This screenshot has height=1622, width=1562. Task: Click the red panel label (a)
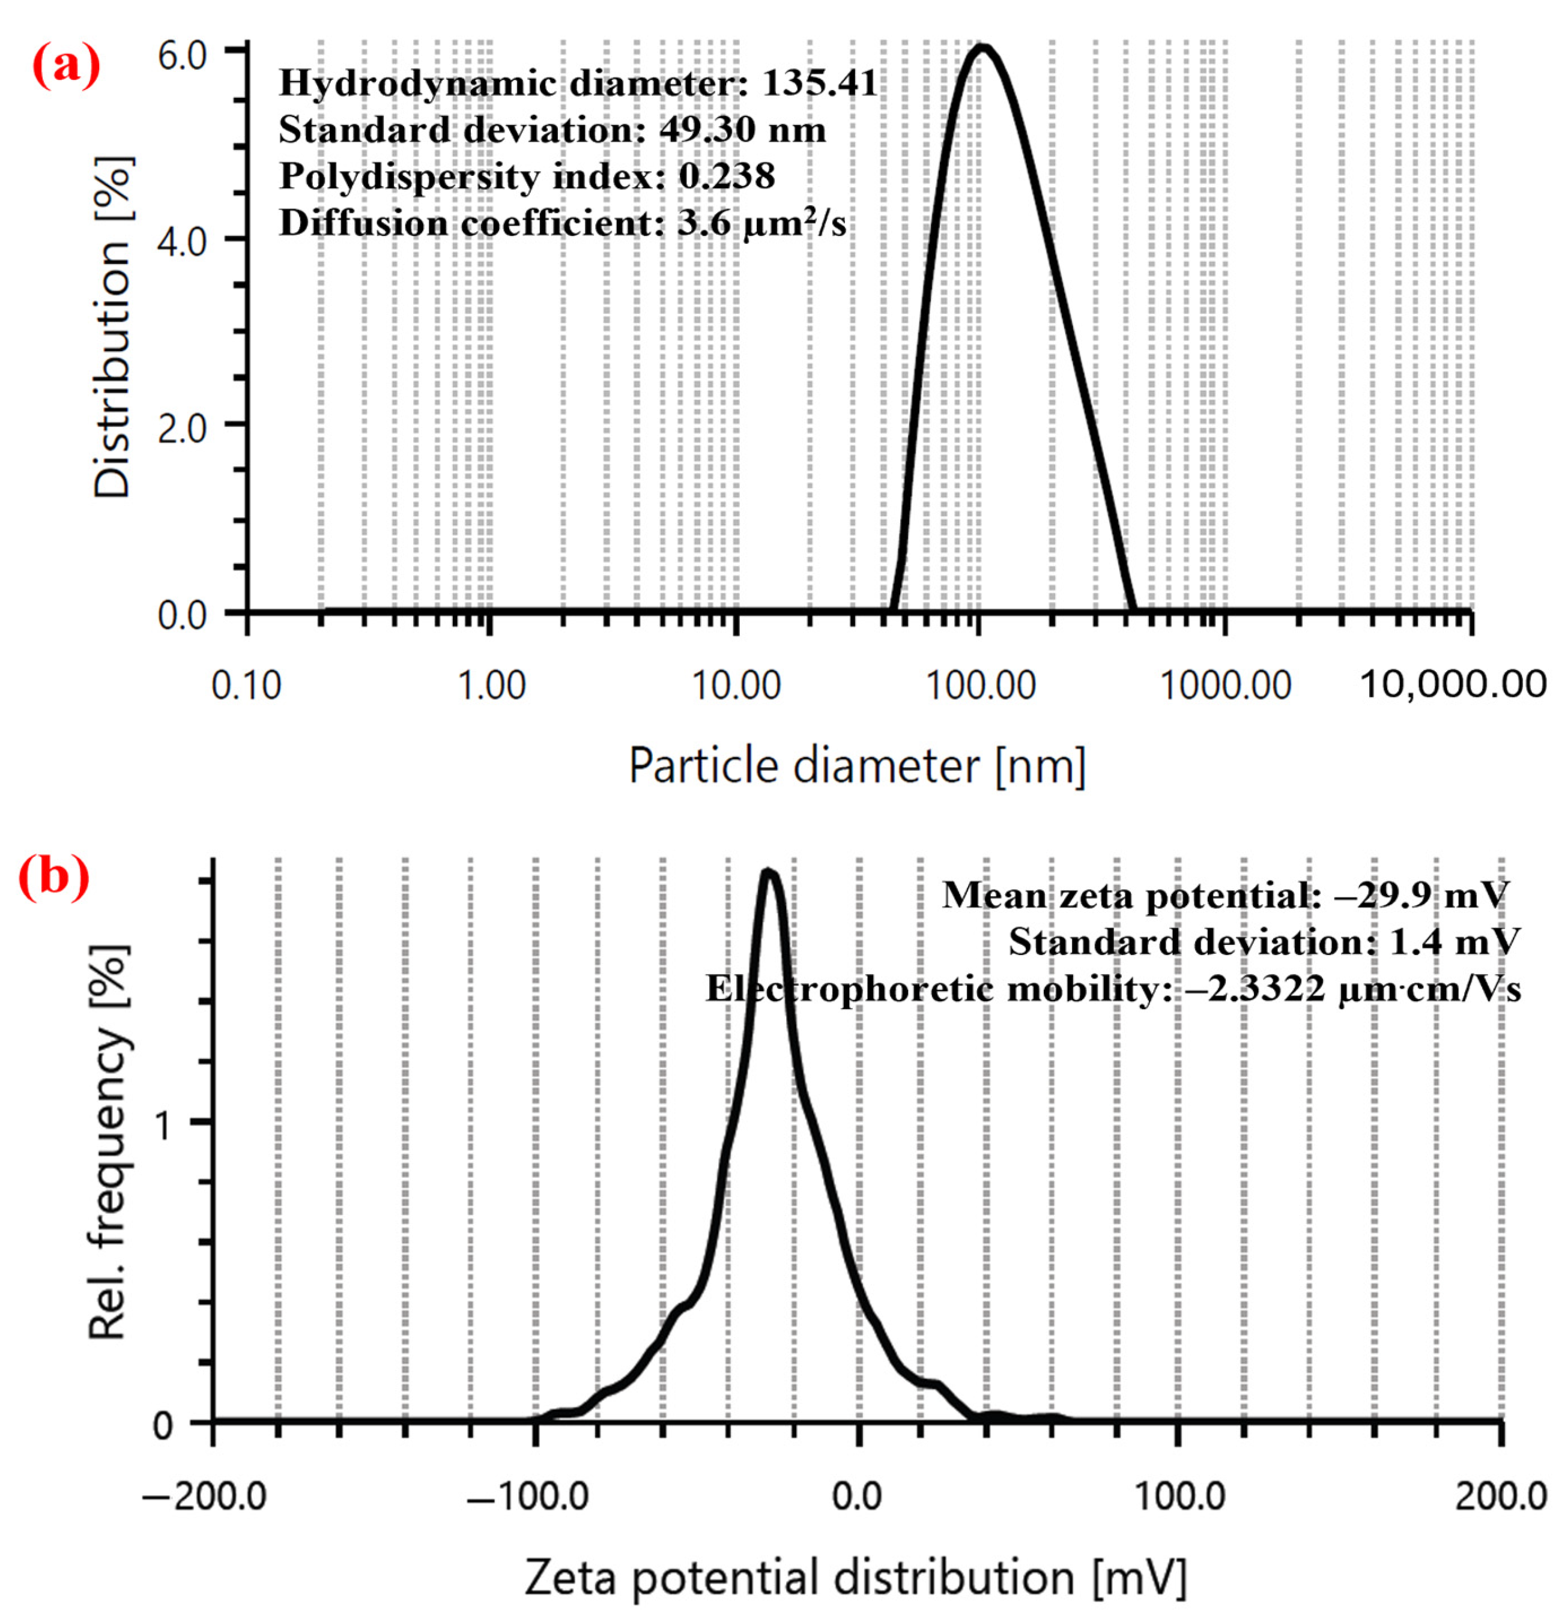tap(66, 66)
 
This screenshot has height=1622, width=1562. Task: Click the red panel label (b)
tap(55, 876)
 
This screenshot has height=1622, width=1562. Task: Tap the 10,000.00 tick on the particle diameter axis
tap(1453, 685)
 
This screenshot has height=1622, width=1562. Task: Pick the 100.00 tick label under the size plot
tap(980, 686)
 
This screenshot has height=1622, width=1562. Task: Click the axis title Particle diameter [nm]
tap(857, 765)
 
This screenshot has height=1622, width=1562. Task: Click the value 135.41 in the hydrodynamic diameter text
tap(820, 83)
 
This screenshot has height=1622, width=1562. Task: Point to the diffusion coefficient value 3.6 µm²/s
tap(761, 223)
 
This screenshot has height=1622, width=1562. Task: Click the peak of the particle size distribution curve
tap(982, 47)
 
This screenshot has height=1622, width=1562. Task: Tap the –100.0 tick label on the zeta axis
tap(527, 1496)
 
